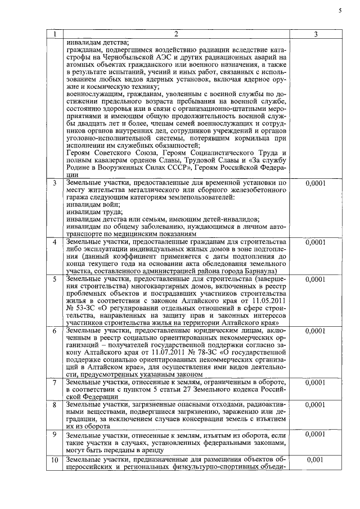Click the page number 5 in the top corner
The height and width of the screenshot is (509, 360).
[x=340, y=11]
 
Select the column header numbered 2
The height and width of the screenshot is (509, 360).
[x=175, y=35]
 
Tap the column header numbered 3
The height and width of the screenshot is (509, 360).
[x=316, y=35]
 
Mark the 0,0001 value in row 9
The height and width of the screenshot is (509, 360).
[x=316, y=434]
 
